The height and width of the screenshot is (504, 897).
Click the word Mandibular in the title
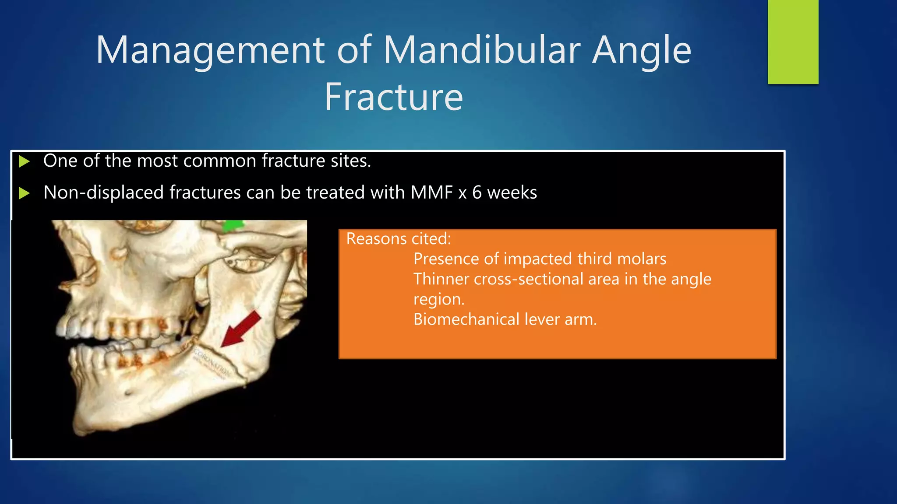482,50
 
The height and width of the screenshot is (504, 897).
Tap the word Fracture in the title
393,97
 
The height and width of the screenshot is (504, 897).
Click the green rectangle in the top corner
793,42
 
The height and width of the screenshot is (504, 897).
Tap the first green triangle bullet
25,161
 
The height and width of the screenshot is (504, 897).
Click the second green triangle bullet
25,193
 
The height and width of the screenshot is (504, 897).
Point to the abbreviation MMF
431,192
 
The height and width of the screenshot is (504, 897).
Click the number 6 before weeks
477,192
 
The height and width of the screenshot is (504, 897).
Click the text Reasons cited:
398,239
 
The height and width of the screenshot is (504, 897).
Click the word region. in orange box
438,299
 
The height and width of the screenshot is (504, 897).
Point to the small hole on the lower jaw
128,392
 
